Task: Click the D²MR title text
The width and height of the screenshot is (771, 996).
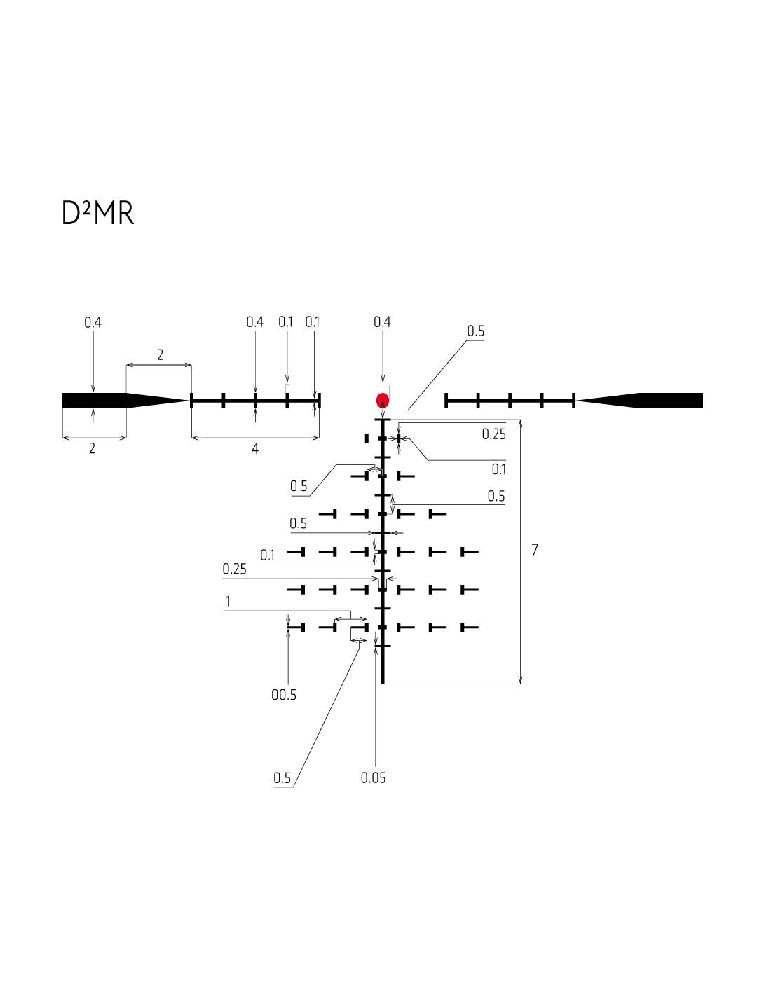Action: pos(97,214)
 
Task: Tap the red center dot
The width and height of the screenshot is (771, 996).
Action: pos(383,401)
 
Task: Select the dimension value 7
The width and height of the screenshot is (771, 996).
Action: pos(535,551)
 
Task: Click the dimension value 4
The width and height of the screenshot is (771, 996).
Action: pos(255,449)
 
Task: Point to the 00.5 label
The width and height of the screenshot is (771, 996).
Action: pos(284,695)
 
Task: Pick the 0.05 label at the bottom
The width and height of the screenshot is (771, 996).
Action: pos(373,777)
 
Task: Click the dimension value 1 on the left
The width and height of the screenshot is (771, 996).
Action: pos(228,602)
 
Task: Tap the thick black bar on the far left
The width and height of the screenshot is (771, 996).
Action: pos(94,401)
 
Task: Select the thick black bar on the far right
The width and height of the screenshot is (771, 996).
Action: pos(671,401)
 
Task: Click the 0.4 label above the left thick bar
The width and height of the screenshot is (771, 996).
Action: pos(93,323)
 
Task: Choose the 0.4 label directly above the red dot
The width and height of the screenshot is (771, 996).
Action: pos(382,322)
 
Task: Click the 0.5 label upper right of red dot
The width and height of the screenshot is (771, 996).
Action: pos(475,331)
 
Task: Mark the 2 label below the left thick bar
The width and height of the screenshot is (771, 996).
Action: pos(92,449)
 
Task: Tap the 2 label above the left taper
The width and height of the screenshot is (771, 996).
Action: pos(160,355)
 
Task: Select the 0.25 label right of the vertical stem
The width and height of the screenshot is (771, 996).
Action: pos(493,434)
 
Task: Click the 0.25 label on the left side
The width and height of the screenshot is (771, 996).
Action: pos(235,569)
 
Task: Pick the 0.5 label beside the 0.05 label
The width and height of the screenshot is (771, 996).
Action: pos(282,778)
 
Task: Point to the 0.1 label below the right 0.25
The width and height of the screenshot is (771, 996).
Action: pos(498,469)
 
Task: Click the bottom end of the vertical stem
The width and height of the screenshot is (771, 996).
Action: pos(383,682)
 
